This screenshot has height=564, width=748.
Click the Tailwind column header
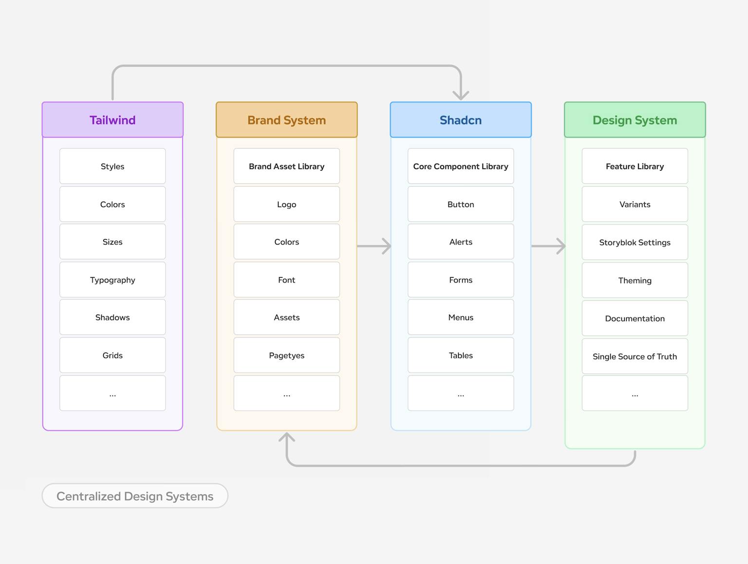[x=112, y=120]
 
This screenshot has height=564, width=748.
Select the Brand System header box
[x=286, y=120]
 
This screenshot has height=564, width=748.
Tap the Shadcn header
[x=461, y=120]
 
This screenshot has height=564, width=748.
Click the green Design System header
[x=635, y=120]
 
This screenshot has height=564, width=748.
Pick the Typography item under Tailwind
[x=112, y=280]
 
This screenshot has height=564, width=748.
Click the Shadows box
[x=112, y=317]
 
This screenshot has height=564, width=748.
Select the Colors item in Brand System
[x=286, y=242]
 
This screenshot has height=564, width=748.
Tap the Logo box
[x=286, y=204]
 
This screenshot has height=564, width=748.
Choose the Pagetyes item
[x=286, y=355]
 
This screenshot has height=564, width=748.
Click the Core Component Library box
[x=461, y=166]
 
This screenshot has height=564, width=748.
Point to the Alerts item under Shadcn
[x=461, y=242]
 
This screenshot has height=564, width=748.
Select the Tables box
[x=461, y=355]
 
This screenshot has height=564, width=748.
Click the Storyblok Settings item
[x=635, y=242]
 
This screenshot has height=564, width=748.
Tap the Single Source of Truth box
[x=635, y=356]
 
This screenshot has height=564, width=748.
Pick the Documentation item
[x=635, y=318]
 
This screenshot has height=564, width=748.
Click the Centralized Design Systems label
[x=135, y=496]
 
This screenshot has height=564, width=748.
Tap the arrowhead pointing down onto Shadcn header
[x=461, y=95]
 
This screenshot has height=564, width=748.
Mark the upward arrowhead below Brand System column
[x=287, y=437]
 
